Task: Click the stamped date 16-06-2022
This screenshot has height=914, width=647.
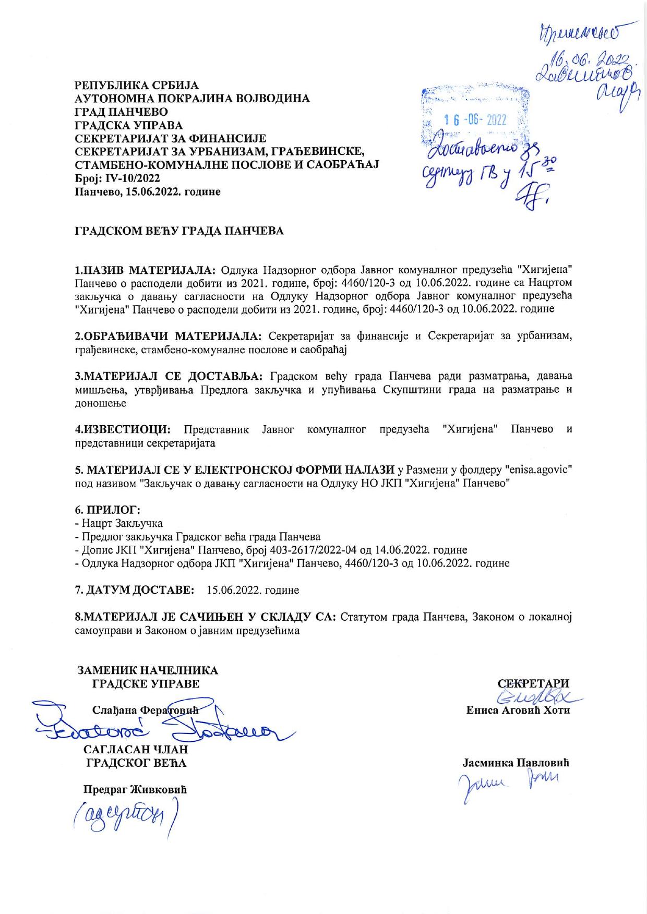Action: [x=475, y=119]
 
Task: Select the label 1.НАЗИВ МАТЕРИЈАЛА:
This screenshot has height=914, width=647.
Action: [x=146, y=270]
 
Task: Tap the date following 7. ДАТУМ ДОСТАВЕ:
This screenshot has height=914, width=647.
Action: [x=253, y=590]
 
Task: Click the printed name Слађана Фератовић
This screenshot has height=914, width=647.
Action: [x=146, y=710]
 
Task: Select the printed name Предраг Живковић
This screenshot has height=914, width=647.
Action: [x=135, y=789]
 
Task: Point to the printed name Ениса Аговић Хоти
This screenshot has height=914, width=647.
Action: [x=518, y=710]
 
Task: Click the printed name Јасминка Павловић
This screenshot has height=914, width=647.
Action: [x=516, y=763]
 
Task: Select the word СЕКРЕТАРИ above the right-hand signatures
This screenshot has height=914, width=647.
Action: [x=533, y=683]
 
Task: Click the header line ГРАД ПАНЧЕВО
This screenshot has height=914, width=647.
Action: [x=122, y=112]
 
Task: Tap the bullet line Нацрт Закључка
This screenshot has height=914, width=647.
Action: [x=121, y=523]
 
